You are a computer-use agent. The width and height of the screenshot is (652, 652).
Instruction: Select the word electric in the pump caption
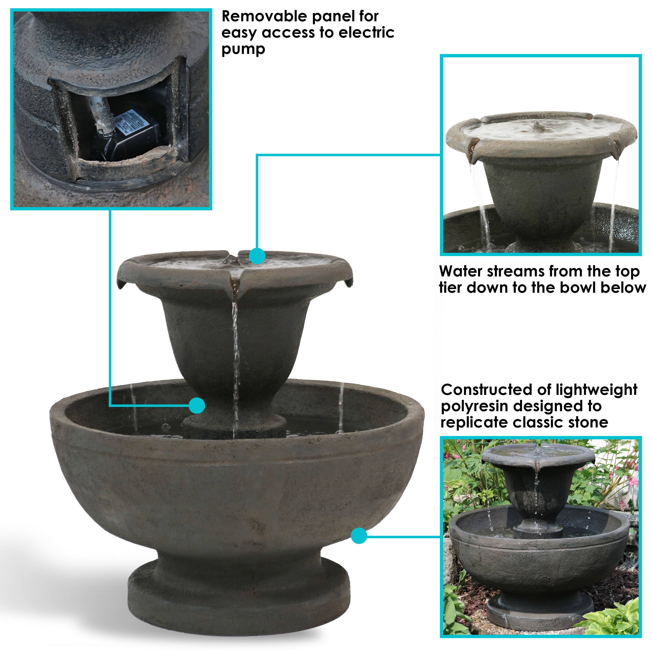point(366,33)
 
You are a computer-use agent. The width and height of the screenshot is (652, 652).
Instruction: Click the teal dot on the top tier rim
point(257,256)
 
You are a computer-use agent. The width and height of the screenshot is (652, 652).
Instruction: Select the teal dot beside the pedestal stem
point(197,405)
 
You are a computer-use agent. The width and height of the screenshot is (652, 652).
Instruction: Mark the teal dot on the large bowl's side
point(359,536)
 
